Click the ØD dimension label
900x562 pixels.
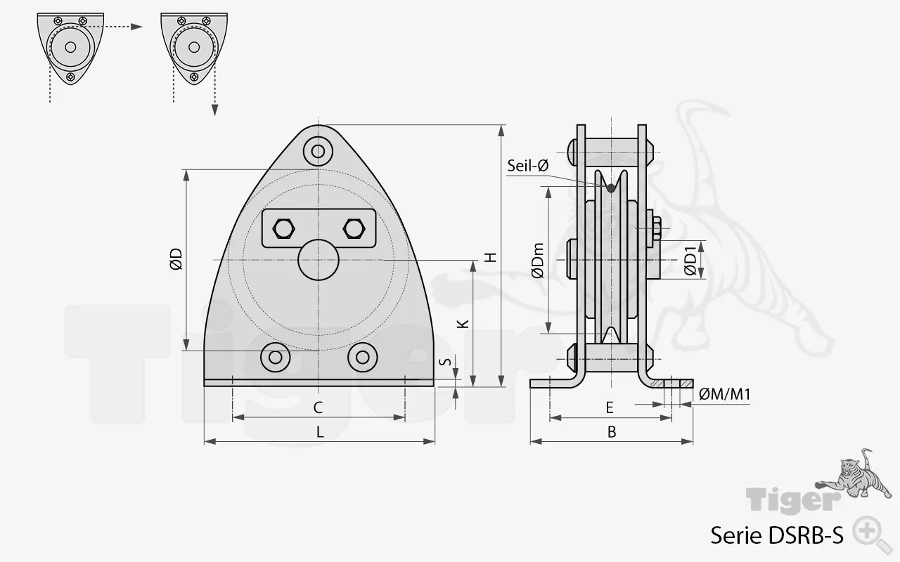[x=176, y=259]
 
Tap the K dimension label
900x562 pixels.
[x=462, y=323]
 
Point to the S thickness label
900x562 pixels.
[x=444, y=362]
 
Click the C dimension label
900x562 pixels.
[x=318, y=407]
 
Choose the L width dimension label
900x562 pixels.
[x=320, y=432]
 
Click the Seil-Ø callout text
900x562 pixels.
[x=527, y=166]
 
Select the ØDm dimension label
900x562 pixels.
[x=538, y=260]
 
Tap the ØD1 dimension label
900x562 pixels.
[x=691, y=259]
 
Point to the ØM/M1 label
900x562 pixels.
[x=725, y=395]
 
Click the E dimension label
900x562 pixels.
[x=610, y=407]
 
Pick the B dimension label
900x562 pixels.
[x=612, y=432]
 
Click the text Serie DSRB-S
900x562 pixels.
[x=776, y=535]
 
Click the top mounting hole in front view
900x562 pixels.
[x=319, y=150]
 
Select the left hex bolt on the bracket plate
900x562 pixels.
[x=283, y=228]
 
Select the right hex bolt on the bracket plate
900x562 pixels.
[x=353, y=228]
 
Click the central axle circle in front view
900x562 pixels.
[x=319, y=260]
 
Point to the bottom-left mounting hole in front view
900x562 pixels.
[x=276, y=357]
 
